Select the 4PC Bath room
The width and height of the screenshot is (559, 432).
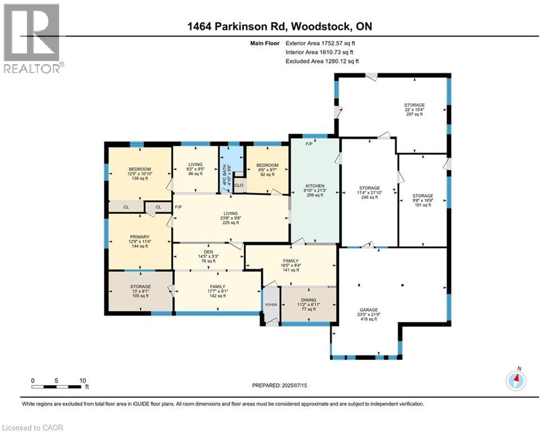point(228,169)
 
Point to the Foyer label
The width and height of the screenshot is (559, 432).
point(271,306)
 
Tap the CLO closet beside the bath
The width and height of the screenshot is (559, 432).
point(239,184)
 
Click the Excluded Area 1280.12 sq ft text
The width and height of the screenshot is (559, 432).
point(322,61)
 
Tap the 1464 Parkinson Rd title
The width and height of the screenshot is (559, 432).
point(280,26)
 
